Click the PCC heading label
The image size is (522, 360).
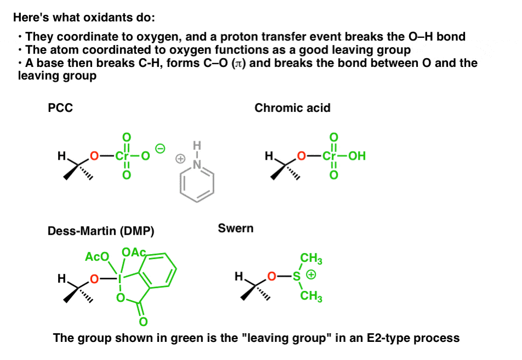coord(60,108)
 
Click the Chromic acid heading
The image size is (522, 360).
coord(292,108)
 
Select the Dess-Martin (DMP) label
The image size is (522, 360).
coord(101,231)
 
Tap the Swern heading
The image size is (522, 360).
coord(236,228)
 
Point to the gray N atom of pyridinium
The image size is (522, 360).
coord(197,164)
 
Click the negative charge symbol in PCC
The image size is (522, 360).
coord(160,149)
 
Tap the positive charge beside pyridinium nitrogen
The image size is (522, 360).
coord(180,159)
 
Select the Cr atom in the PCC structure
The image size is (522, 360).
coord(122,156)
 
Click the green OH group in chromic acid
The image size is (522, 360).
coord(357,156)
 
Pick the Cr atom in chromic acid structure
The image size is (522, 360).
coord(329,156)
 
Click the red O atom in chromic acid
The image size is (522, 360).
coord(301,156)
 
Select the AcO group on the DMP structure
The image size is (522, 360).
coord(97,257)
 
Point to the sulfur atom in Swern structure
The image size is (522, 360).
coord(296,277)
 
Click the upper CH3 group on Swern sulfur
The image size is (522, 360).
coord(311,258)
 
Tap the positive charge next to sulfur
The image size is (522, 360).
coord(311,275)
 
